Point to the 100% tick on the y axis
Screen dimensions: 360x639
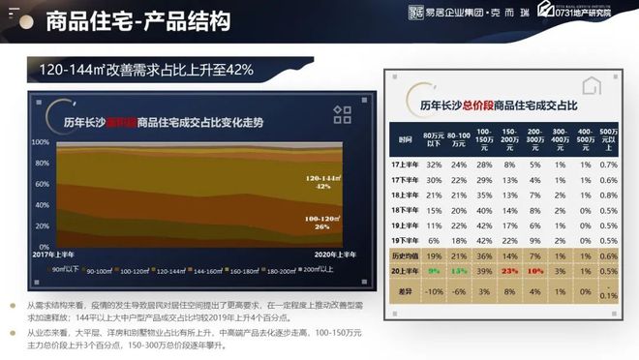tap(41, 141)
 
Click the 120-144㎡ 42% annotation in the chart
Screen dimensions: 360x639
tap(322, 184)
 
